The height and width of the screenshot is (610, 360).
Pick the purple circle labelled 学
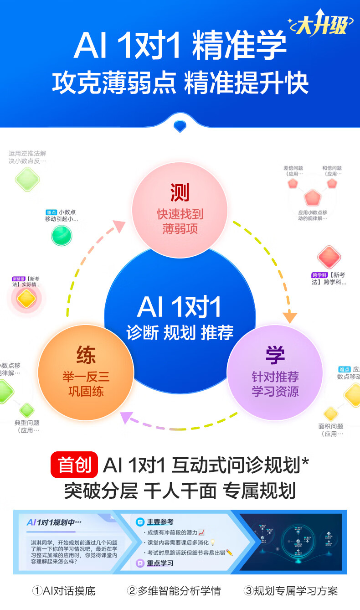tap(275, 372)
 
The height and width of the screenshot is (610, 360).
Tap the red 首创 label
tap(74, 465)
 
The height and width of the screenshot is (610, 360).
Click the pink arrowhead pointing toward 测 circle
tap(119, 225)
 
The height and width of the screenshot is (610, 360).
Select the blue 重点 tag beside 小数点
tap(51, 212)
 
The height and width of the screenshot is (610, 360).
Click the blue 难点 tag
tap(345, 369)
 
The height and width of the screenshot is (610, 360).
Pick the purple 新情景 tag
tap(19, 279)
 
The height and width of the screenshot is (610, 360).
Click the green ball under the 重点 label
tap(62, 235)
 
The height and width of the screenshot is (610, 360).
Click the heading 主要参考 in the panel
tap(159, 522)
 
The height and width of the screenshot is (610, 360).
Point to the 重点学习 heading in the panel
tap(159, 563)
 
